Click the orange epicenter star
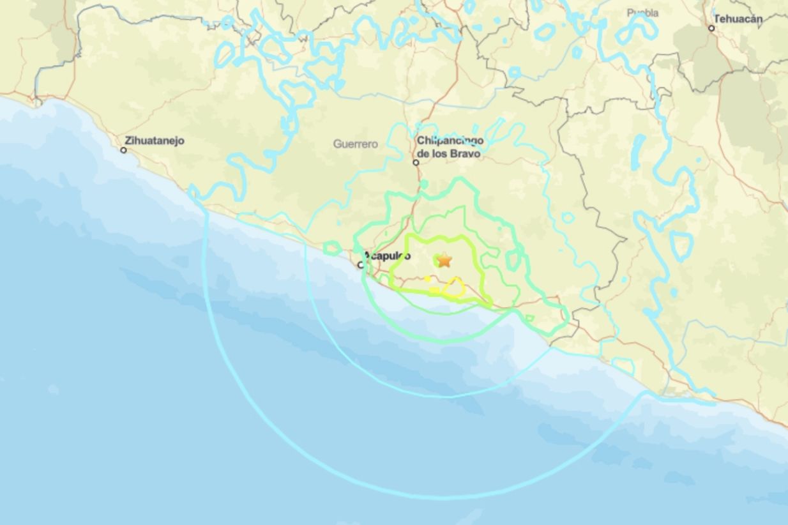tap(444, 260)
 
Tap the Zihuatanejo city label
tap(155, 141)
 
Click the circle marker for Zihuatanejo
tap(124, 150)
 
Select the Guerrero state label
tap(355, 144)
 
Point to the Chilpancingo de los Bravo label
tap(450, 147)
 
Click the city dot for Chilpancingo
tap(416, 162)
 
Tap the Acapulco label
tap(388, 256)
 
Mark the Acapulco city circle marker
tap(361, 265)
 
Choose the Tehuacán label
tap(738, 19)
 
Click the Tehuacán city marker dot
tap(711, 28)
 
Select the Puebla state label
tap(642, 13)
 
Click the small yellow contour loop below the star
tap(454, 287)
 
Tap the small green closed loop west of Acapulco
tap(332, 248)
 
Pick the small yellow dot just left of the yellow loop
tap(428, 278)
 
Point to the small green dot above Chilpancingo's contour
tap(423, 185)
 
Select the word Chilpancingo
tap(450, 141)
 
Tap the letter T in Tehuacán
tap(716, 19)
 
